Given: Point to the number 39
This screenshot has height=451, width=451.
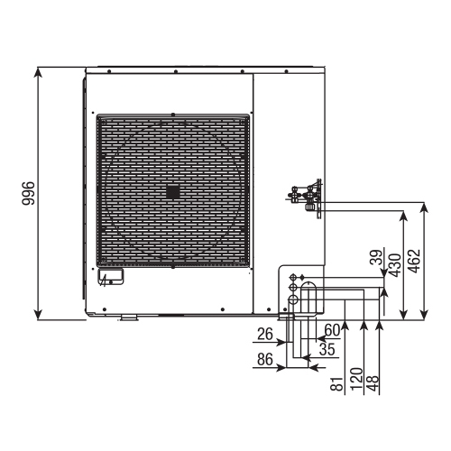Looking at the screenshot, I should [374, 258].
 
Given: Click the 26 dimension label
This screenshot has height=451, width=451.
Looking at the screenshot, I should [264, 335].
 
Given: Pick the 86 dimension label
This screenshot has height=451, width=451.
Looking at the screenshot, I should [264, 359].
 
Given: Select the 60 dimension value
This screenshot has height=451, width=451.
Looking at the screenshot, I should [330, 330].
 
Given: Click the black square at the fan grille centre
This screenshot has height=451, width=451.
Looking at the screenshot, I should [172, 192].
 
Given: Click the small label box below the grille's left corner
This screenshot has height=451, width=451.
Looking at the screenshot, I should [110, 276].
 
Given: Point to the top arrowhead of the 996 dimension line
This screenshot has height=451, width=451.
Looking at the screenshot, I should [38, 70].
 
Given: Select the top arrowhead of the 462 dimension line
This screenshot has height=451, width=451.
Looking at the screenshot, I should [422, 206].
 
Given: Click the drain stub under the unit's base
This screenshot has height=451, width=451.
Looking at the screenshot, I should [127, 317].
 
